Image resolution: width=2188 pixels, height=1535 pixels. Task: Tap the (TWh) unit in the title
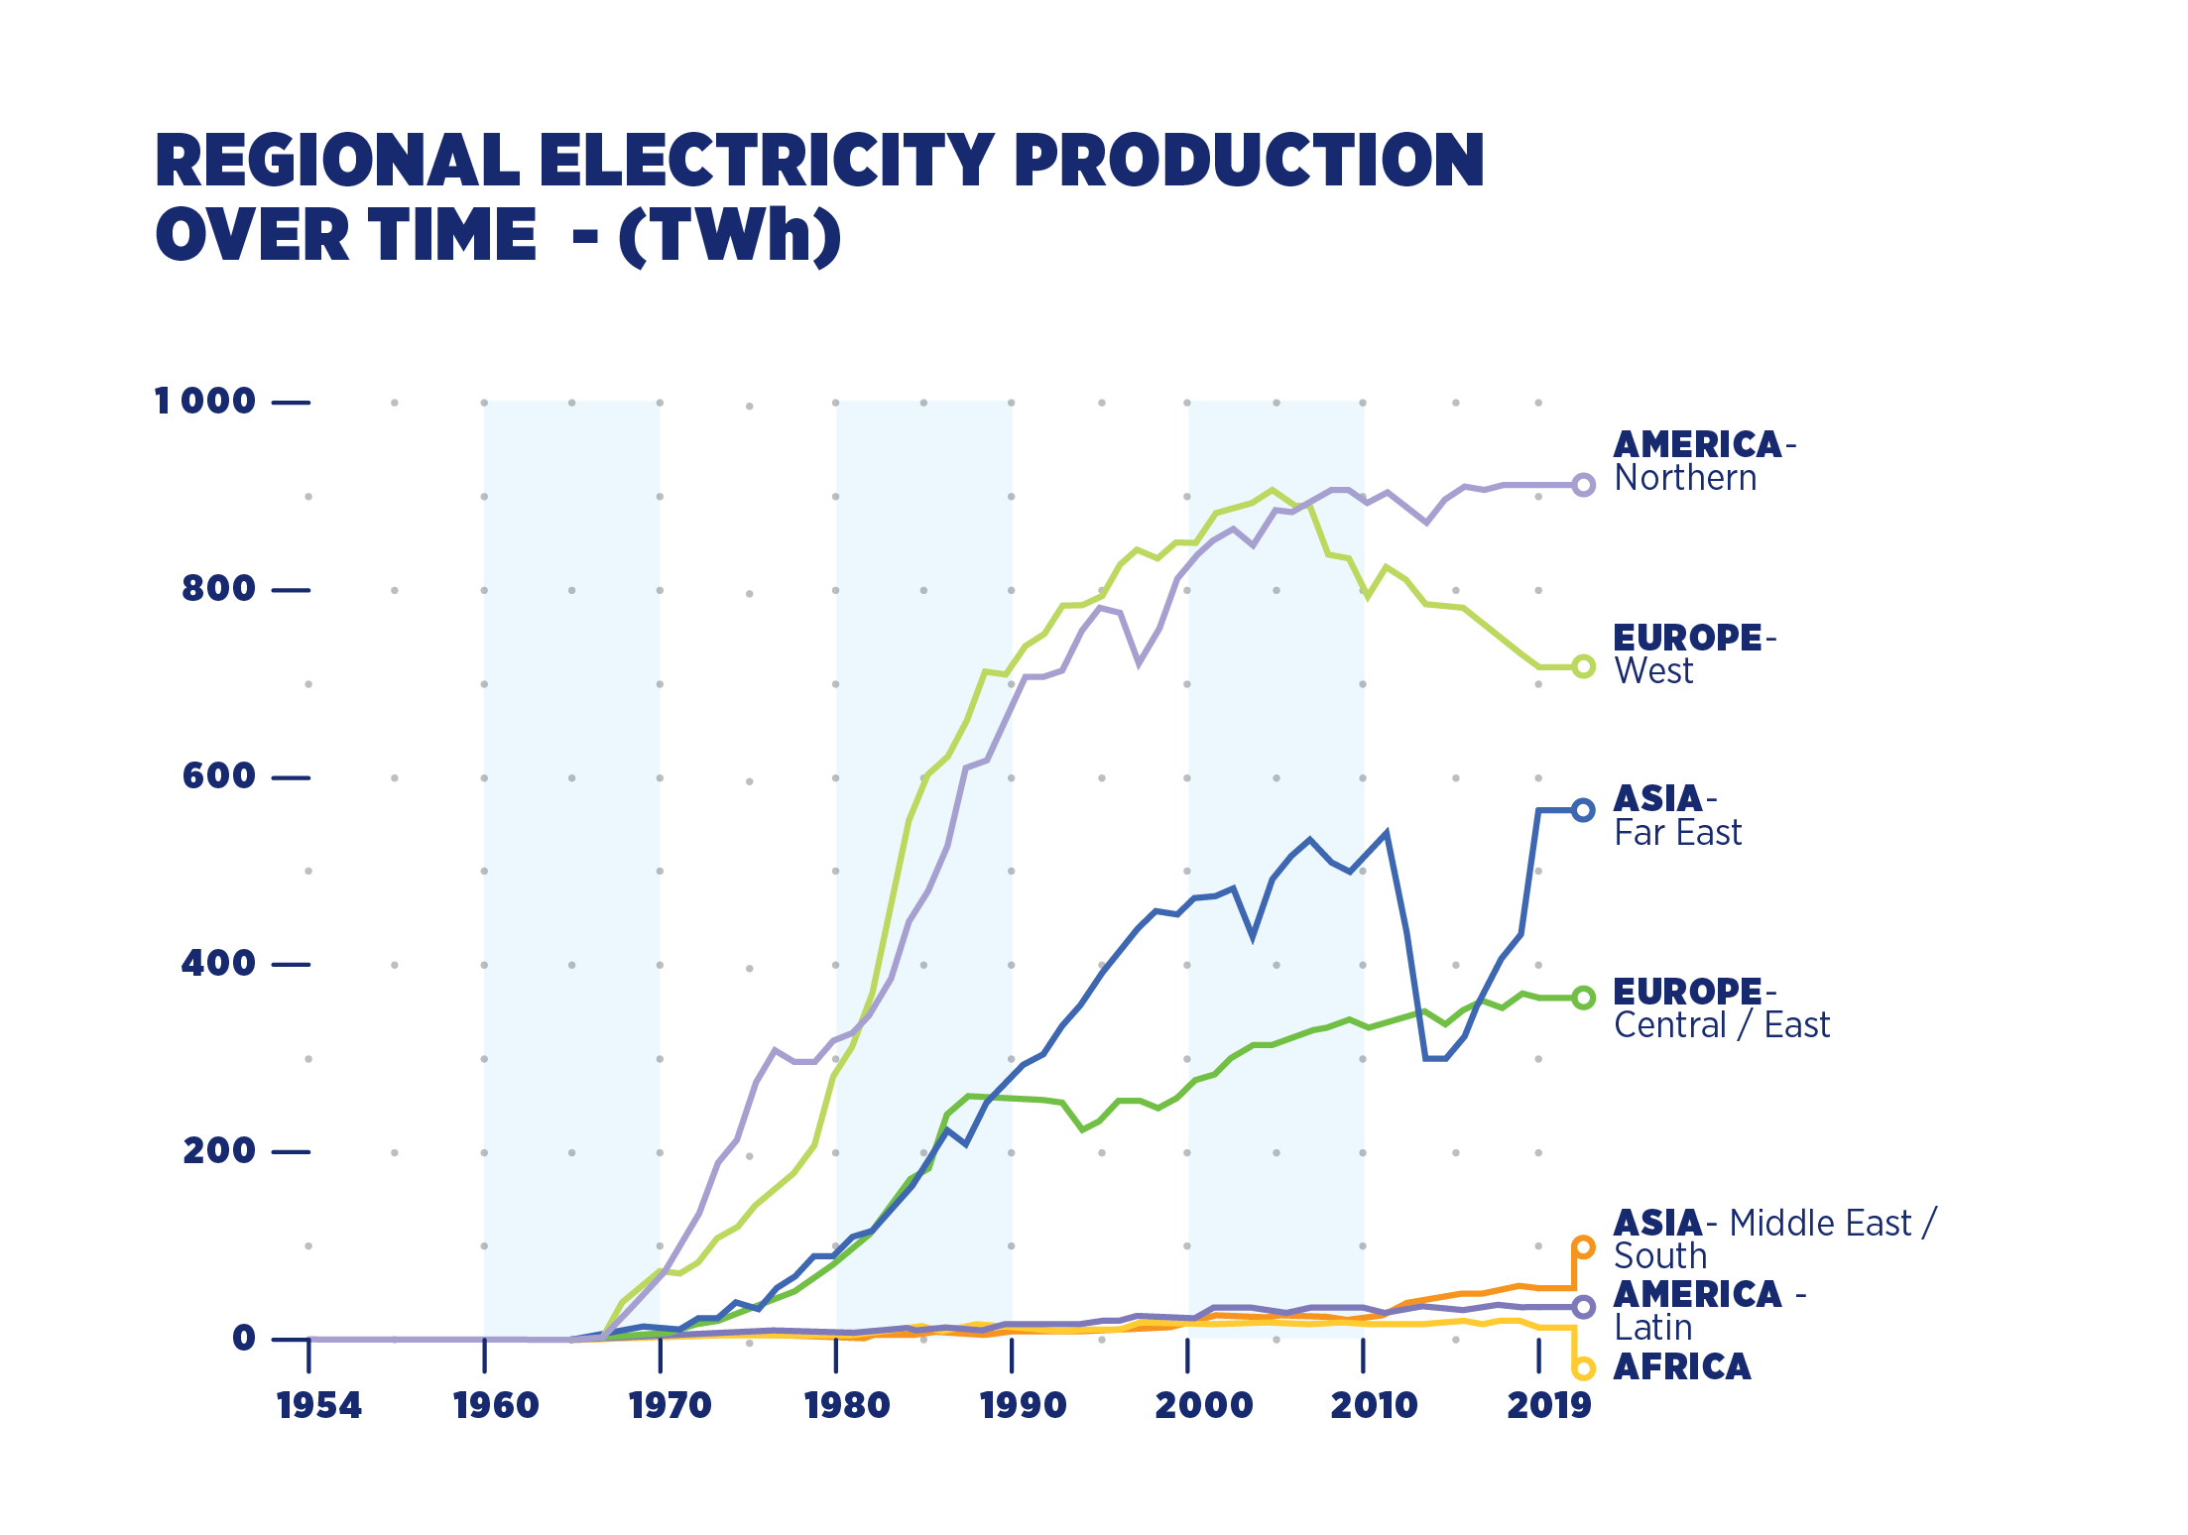[729, 236]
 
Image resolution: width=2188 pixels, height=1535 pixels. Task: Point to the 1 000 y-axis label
[205, 402]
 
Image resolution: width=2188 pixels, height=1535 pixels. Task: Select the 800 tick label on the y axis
[218, 589]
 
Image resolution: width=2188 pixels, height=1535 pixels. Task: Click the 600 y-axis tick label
[218, 776]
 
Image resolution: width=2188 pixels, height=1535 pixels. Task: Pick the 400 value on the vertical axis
[218, 964]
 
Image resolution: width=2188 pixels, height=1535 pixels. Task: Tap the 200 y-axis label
[218, 1151]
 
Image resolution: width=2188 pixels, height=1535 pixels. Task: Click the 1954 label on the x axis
[319, 1406]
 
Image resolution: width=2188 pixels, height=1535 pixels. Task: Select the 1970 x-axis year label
[670, 1406]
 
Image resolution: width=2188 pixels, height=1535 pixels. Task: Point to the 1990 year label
[1023, 1406]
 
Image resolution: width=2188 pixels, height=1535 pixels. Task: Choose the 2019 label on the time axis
[1548, 1406]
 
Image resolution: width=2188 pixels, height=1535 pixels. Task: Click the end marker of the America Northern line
[1584, 485]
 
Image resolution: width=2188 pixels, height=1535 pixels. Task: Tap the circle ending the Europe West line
[1584, 666]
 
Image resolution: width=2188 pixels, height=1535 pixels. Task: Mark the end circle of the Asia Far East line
[1584, 810]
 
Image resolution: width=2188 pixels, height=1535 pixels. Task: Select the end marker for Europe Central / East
[1584, 998]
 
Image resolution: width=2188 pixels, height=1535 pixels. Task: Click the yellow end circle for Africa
[1584, 1369]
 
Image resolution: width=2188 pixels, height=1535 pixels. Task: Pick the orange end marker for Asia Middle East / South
[1584, 1247]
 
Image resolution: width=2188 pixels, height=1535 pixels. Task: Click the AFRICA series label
[1682, 1367]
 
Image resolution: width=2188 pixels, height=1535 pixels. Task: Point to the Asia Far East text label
[1677, 816]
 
